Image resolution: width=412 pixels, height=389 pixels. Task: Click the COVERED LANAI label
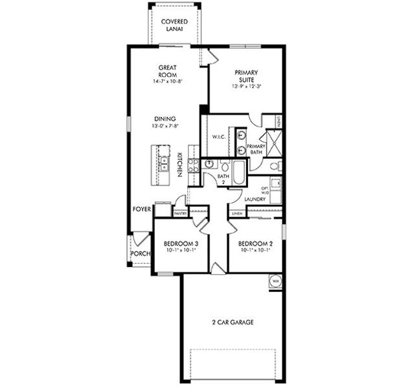coord(174,25)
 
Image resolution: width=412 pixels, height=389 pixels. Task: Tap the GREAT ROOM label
coord(167,71)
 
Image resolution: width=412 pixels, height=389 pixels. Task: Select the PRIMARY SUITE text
coord(246,77)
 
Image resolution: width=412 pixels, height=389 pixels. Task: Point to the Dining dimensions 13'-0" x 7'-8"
coord(166,127)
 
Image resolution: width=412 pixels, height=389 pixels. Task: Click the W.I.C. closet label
coord(218,137)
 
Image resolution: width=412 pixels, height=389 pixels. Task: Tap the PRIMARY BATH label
coord(256,149)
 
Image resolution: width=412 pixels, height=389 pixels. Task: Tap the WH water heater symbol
coord(275,281)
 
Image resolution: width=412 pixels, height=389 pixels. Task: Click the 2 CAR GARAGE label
coord(232,322)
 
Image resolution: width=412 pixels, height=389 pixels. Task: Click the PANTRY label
coord(181,213)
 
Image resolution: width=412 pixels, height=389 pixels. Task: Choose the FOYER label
coord(142,209)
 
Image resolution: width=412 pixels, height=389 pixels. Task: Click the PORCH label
coord(140,253)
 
